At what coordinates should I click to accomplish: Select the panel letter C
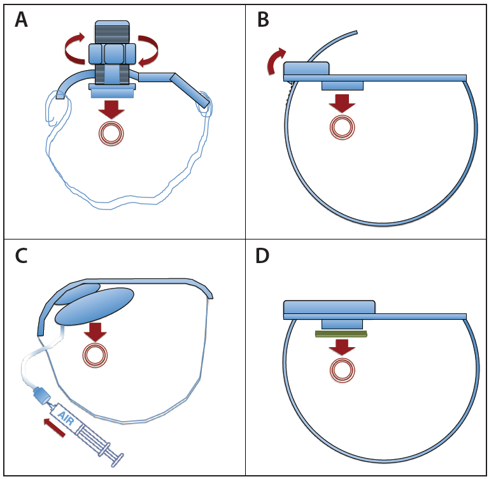pos(21,255)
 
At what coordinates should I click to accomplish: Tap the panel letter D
pos(263,255)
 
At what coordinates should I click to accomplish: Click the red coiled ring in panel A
pos(111,134)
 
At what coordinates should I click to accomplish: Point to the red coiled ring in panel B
pos(342,127)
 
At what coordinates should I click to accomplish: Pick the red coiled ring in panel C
pos(96,355)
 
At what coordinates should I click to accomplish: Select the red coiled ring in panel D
pos(342,369)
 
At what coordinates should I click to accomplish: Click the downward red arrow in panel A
pos(111,109)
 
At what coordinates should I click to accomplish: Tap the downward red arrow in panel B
pos(342,103)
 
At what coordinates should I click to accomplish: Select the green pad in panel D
pos(341,333)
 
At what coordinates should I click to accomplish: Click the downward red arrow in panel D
pos(342,347)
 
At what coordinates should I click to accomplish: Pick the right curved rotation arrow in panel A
pos(149,50)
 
